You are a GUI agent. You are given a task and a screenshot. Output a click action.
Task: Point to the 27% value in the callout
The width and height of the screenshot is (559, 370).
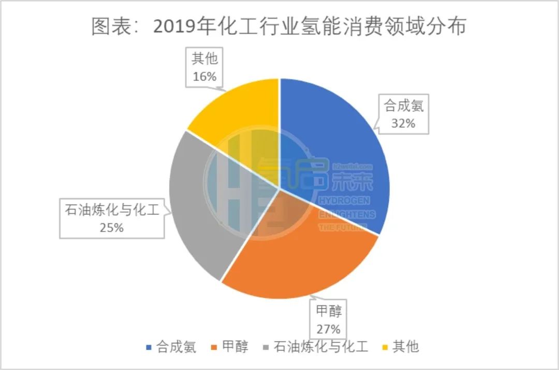[x=328, y=329]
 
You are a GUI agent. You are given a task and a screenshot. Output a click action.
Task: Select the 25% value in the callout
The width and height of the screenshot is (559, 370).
[x=112, y=227]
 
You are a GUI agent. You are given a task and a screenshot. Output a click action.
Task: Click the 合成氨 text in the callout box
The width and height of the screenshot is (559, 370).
[x=404, y=107]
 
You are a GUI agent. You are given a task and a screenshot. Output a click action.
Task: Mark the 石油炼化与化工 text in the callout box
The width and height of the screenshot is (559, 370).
[x=112, y=211]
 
